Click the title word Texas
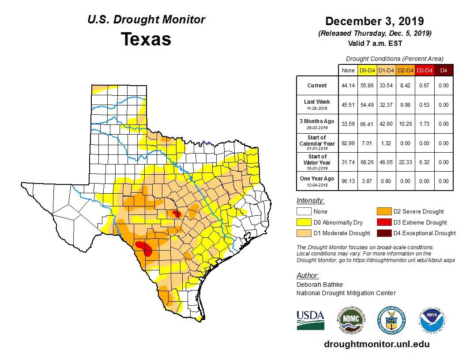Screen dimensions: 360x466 point(146,39)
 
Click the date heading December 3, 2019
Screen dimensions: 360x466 point(374,21)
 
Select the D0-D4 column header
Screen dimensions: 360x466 point(367,70)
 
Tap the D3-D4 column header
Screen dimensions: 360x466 point(425,70)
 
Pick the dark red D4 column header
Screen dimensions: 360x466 point(443,70)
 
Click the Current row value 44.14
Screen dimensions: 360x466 point(348,86)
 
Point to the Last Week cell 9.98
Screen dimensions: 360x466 point(406,105)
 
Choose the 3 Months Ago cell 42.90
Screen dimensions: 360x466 point(386,124)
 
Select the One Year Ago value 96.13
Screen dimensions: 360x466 point(348,181)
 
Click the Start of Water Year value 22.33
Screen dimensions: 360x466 point(406,162)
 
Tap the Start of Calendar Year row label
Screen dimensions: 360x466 point(317,143)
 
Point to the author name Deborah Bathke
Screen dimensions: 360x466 point(319,285)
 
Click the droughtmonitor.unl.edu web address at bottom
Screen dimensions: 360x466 point(376,344)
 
